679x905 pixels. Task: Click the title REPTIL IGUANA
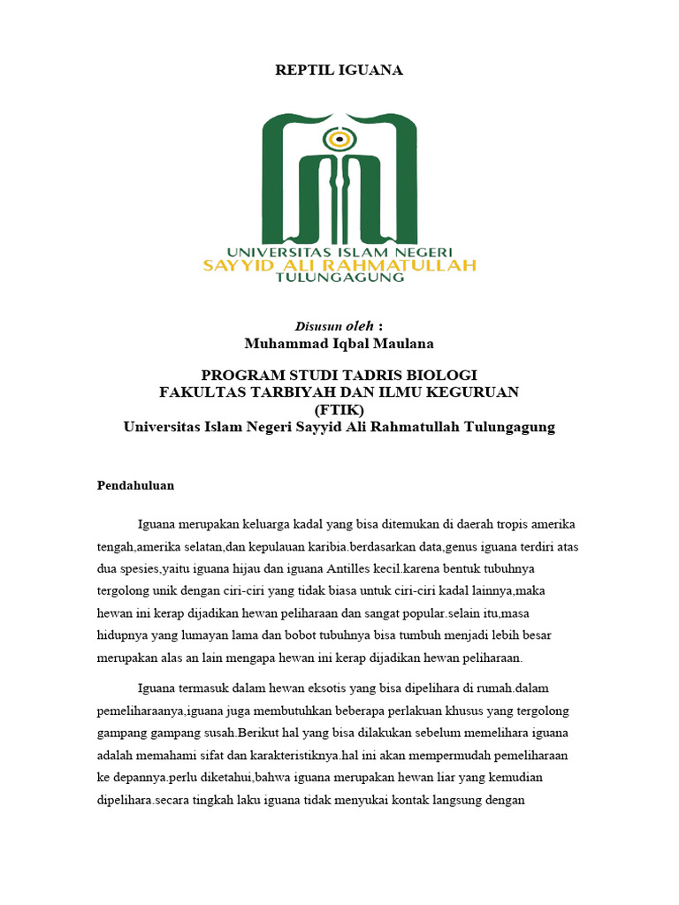[x=339, y=71]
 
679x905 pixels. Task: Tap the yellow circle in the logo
[x=336, y=139]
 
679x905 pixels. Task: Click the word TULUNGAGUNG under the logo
[x=340, y=277]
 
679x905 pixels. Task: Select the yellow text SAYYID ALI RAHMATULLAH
[x=339, y=263]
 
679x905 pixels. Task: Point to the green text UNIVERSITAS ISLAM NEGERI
[x=339, y=250]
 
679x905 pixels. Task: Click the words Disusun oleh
[x=325, y=326]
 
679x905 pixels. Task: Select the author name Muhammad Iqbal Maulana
[x=339, y=343]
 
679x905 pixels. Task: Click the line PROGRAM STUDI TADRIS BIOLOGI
[x=339, y=375]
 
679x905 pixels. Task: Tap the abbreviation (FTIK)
[x=339, y=409]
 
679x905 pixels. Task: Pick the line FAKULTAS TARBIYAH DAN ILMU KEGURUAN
[x=339, y=392]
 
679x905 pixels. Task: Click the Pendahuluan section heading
[x=135, y=485]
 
